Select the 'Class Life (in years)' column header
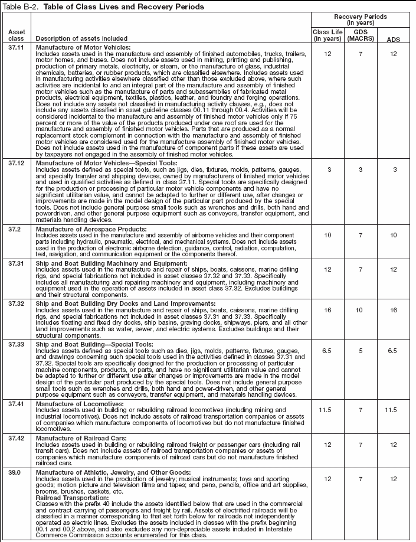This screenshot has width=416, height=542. click(326, 35)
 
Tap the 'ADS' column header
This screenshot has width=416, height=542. click(392, 40)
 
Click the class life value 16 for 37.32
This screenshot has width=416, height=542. click(326, 309)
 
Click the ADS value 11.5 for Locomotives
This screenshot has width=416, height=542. click(392, 408)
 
